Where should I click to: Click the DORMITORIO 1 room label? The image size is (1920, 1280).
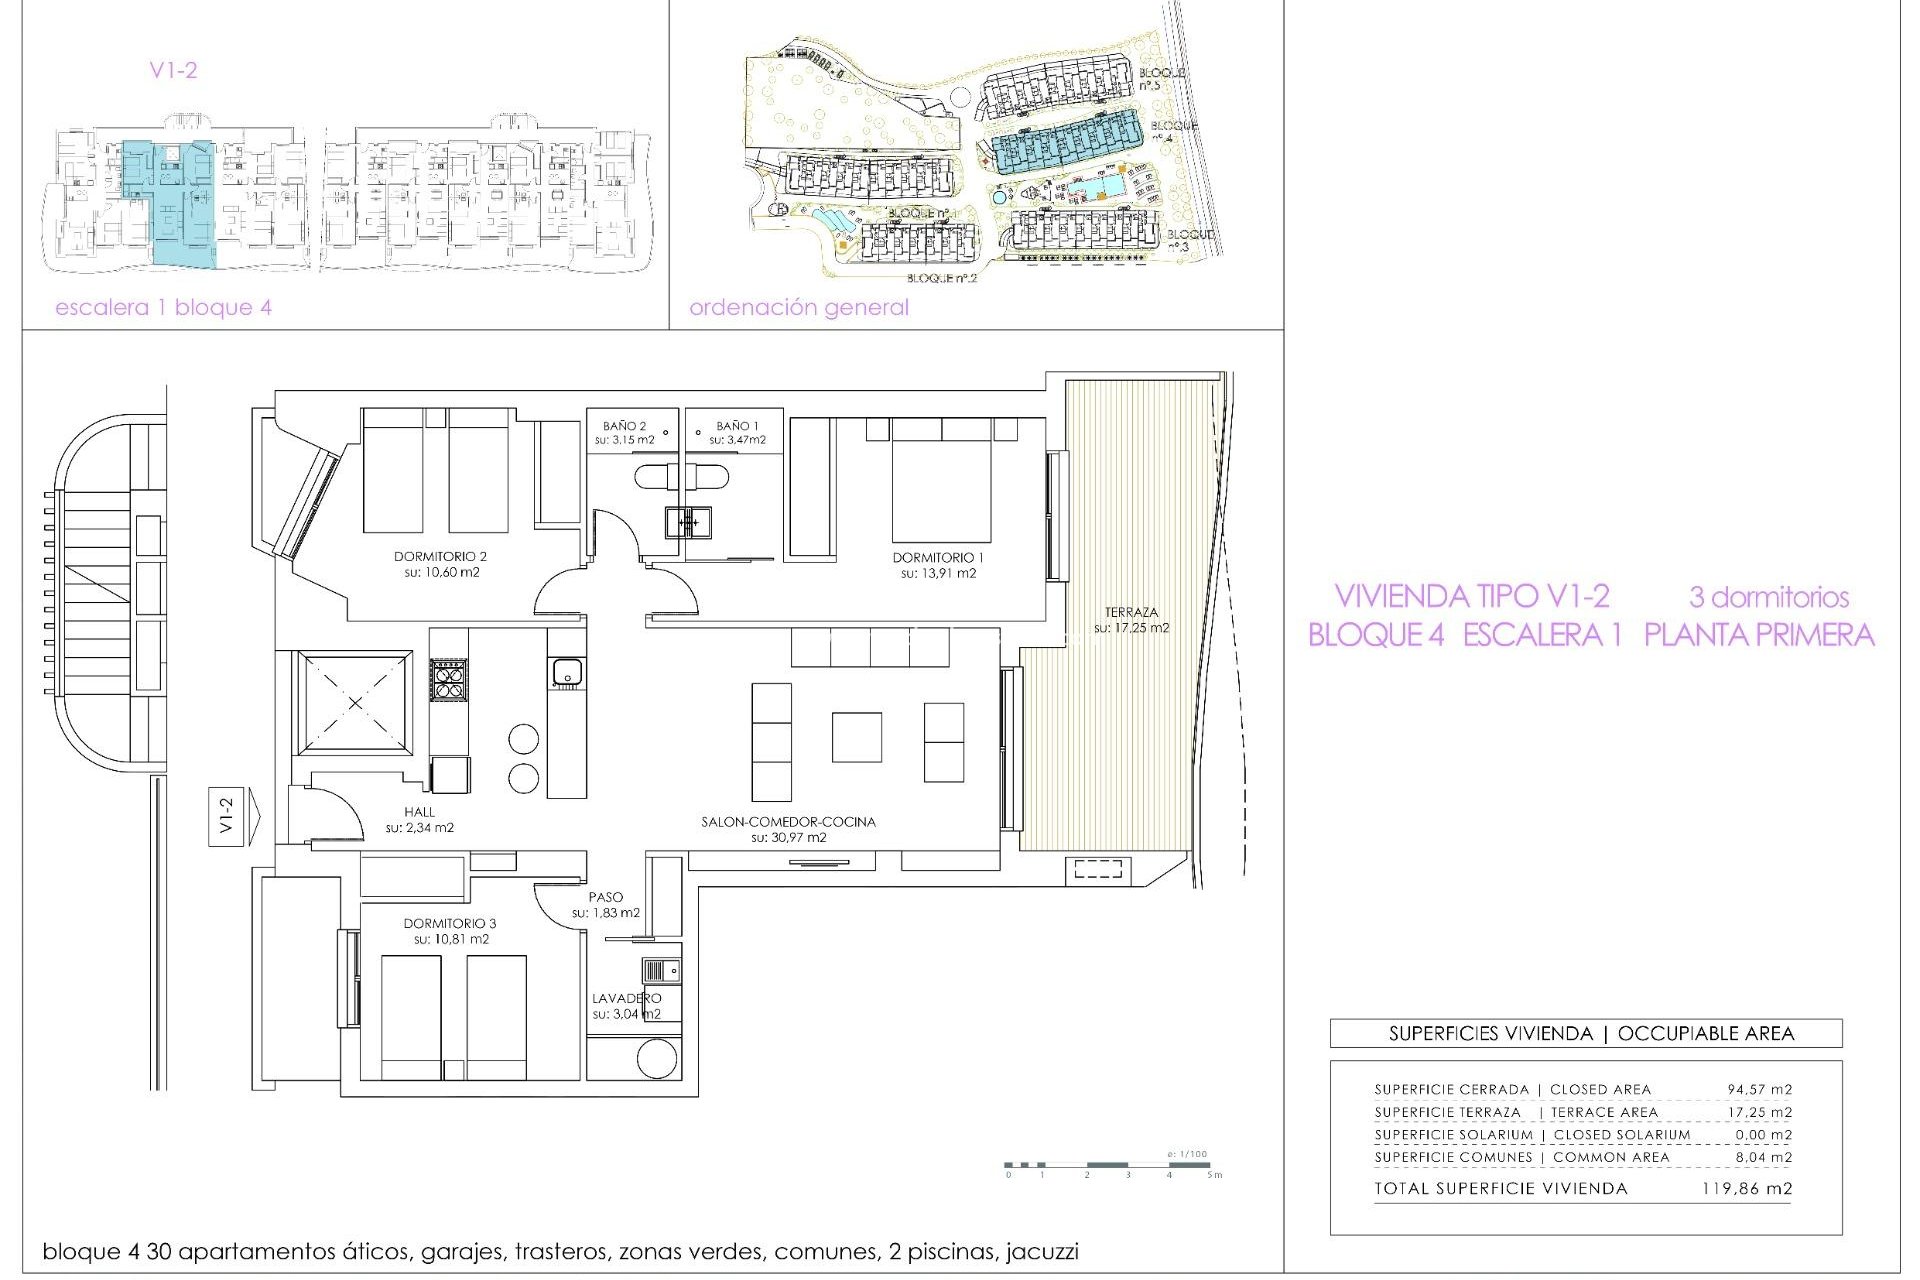938,558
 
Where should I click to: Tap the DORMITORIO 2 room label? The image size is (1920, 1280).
440,557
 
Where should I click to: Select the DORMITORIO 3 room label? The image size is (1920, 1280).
450,924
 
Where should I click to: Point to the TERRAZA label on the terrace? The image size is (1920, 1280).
1131,612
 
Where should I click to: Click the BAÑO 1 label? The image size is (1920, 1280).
737,426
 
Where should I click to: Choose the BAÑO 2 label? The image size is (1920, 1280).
624,426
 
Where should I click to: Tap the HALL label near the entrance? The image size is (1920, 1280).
419,812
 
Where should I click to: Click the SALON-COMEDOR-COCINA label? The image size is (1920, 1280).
788,822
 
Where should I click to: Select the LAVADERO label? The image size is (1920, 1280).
626,998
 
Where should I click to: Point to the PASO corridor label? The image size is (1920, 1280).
605,897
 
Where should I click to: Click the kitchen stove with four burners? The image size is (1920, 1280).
448,679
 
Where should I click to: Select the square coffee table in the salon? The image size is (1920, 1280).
856,737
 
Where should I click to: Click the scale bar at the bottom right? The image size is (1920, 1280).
1110,1165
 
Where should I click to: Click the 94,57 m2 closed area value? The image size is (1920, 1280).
1759,1089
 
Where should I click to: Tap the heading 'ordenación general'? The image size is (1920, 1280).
798,308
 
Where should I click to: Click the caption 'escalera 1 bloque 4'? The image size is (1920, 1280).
163,308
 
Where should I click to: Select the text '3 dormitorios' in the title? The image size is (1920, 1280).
1768,598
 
